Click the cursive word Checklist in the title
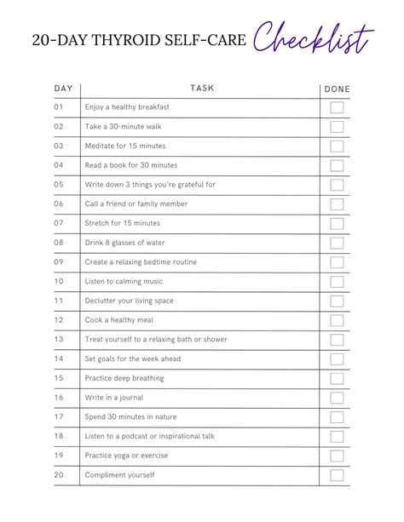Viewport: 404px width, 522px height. [315, 38]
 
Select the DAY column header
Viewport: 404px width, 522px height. [63, 88]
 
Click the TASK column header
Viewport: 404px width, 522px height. [202, 88]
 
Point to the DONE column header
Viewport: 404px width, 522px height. [337, 89]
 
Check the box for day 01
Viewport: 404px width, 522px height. [337, 107]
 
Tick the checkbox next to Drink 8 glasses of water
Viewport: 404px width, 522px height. [337, 243]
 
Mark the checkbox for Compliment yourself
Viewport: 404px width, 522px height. [337, 475]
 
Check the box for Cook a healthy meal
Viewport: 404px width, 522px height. [337, 320]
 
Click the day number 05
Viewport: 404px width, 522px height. [59, 184]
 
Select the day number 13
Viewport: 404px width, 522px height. [59, 339]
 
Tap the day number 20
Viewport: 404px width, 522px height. [59, 475]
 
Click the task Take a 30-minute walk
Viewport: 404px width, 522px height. [123, 127]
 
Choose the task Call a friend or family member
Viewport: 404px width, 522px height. [136, 204]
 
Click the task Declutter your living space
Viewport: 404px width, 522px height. [130, 301]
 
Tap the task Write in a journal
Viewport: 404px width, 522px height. [114, 398]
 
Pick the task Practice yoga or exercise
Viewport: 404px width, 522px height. [126, 456]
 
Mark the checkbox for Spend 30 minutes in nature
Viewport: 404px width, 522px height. [337, 417]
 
